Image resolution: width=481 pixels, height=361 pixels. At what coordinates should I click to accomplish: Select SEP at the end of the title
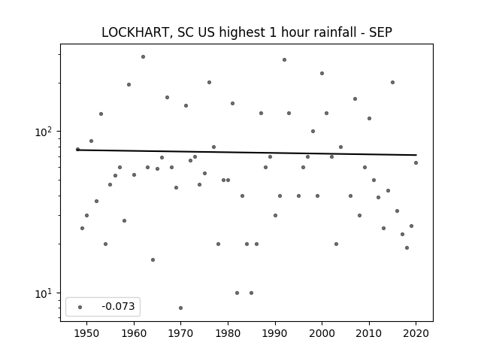tap(380, 32)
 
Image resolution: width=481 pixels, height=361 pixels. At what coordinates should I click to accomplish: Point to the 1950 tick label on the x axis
tap(87, 333)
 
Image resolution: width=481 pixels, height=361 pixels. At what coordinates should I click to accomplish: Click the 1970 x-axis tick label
tap(180, 333)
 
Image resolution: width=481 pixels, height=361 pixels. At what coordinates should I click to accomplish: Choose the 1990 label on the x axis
tap(275, 333)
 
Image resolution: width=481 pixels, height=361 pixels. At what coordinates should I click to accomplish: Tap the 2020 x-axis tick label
tap(416, 333)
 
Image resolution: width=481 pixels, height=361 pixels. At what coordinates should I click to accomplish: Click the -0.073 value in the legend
tap(118, 306)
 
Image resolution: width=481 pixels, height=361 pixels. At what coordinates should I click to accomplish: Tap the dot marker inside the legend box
tap(80, 307)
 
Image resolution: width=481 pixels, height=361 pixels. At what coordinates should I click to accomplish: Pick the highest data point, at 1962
tap(143, 57)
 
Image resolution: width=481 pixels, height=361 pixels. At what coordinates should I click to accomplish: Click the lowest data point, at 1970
tap(180, 308)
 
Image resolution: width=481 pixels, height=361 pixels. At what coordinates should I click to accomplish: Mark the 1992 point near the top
tap(284, 60)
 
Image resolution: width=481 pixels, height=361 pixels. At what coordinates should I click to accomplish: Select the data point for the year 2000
tap(322, 74)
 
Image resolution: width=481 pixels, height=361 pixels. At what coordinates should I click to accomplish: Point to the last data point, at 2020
tap(416, 162)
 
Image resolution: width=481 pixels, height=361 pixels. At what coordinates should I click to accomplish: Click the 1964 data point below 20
tap(153, 259)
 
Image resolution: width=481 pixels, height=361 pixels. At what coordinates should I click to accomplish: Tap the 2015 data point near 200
tap(392, 82)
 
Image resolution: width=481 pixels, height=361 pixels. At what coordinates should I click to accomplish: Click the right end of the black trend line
tap(416, 155)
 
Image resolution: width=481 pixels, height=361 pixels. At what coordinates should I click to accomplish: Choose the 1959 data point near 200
tap(129, 84)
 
